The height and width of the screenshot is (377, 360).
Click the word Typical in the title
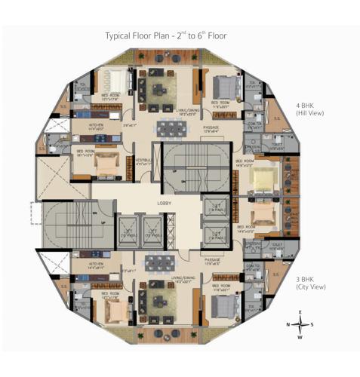pos(118,35)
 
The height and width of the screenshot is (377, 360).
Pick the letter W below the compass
pos(300,337)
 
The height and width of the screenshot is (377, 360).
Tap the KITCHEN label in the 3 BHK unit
pos(95,264)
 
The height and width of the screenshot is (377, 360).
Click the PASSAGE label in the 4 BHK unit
pos(212,129)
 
